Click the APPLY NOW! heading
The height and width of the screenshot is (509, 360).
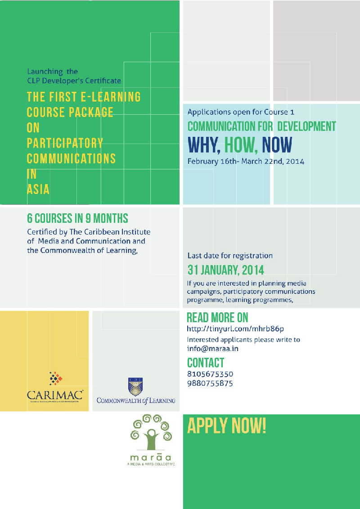coord(226,425)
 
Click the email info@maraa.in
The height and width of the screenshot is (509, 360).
coord(212,348)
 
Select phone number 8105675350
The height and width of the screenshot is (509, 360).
coord(210,374)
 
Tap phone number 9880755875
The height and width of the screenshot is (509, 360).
coord(210,383)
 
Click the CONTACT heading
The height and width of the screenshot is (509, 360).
coord(205,363)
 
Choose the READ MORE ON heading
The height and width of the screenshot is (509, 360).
coord(217,318)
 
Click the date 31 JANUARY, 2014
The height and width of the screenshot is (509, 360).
coord(225,270)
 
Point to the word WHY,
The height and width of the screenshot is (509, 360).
coord(204,145)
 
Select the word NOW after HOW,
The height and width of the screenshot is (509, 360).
coord(277,145)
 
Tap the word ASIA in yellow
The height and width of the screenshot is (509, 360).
coord(38,189)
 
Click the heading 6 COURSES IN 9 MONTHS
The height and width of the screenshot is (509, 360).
coord(77,219)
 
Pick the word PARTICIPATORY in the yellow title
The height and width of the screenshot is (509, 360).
coord(65,143)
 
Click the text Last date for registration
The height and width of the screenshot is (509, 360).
coord(230,256)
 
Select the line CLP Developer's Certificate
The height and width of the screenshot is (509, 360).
coord(74,81)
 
